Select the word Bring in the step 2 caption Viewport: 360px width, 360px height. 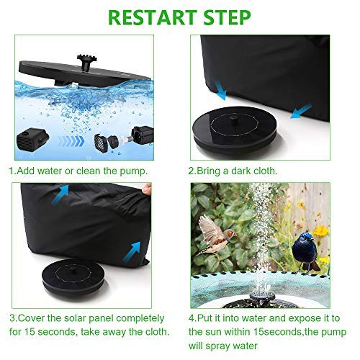(x=213, y=172)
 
